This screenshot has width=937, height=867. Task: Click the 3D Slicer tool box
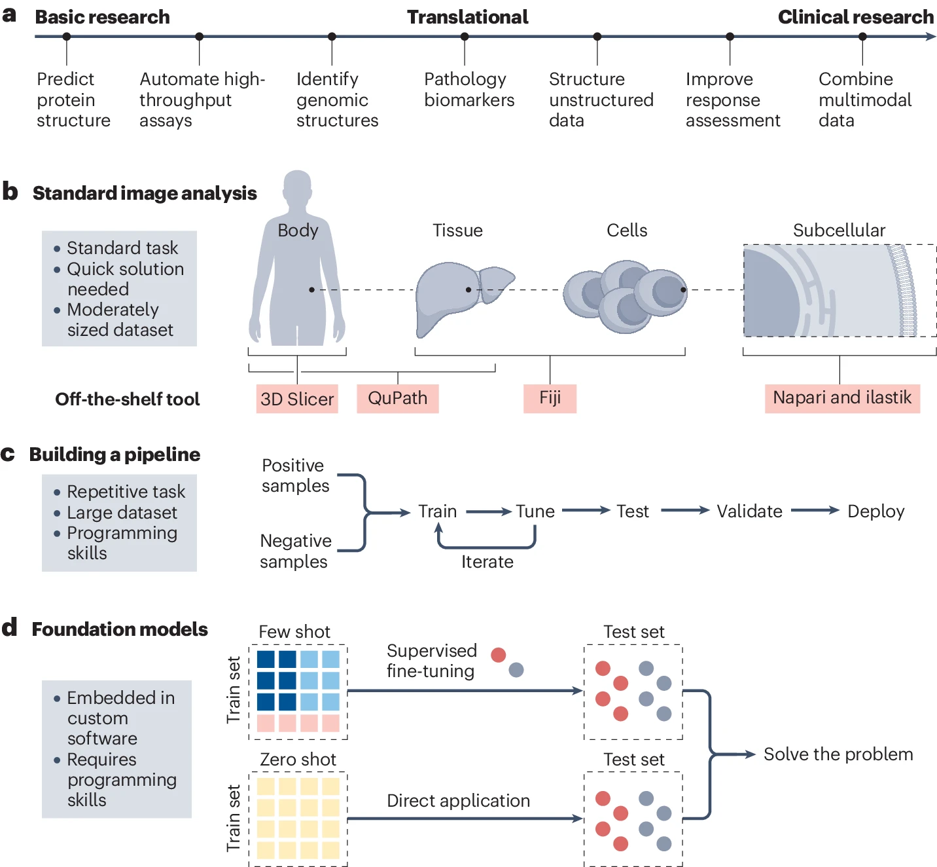[297, 399]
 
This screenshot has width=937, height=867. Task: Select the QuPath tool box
[397, 399]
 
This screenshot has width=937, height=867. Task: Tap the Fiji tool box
[550, 399]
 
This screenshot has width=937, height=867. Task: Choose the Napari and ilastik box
[842, 399]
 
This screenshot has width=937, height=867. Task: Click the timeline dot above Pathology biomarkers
[465, 37]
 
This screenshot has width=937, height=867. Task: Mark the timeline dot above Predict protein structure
[67, 37]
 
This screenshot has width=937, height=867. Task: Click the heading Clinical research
[855, 17]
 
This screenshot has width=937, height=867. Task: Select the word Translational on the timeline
[468, 17]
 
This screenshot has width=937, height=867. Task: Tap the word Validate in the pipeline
[749, 511]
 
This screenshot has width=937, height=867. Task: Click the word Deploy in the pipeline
[875, 511]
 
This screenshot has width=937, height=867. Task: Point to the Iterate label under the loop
[487, 562]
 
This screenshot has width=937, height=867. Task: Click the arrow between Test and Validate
[685, 510]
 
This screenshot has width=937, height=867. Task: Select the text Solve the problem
[838, 754]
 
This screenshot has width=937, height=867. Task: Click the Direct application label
[458, 801]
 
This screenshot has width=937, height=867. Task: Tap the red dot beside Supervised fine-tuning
[498, 655]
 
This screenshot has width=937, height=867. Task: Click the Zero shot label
[298, 760]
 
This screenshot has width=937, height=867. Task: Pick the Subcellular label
[839, 231]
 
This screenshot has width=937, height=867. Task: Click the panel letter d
[9, 627]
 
